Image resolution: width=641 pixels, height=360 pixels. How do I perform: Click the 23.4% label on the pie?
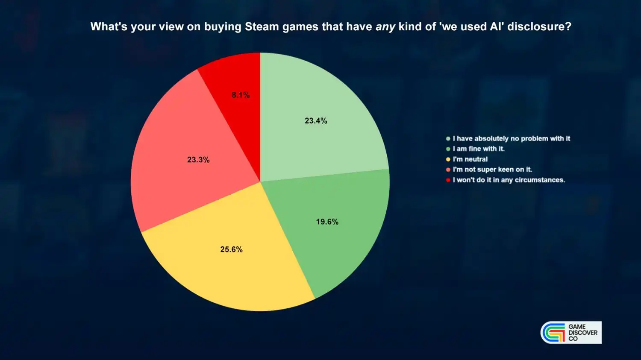(316, 121)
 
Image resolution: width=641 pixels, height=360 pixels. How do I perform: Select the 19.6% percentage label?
(327, 222)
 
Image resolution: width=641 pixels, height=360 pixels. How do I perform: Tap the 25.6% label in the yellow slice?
(231, 249)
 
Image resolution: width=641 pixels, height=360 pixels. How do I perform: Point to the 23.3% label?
(198, 160)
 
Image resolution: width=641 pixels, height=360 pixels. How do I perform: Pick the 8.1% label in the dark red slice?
(241, 95)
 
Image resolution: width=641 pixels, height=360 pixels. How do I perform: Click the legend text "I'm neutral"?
(470, 159)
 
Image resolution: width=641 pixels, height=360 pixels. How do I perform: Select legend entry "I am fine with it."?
(479, 149)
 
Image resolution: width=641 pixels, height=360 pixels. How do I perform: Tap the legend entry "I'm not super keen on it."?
(492, 169)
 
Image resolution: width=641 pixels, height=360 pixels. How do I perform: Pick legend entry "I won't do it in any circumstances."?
(509, 180)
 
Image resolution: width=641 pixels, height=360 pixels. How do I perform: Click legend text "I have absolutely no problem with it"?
(512, 138)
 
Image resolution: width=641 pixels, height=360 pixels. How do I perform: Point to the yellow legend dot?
(448, 159)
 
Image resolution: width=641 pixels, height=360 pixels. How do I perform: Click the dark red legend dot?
(448, 180)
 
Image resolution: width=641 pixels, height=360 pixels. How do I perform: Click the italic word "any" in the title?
(385, 27)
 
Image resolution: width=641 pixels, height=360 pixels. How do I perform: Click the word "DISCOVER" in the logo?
(583, 333)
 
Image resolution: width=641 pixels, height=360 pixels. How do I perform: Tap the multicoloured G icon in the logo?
(553, 333)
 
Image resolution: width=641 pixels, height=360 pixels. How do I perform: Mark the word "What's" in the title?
(109, 26)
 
